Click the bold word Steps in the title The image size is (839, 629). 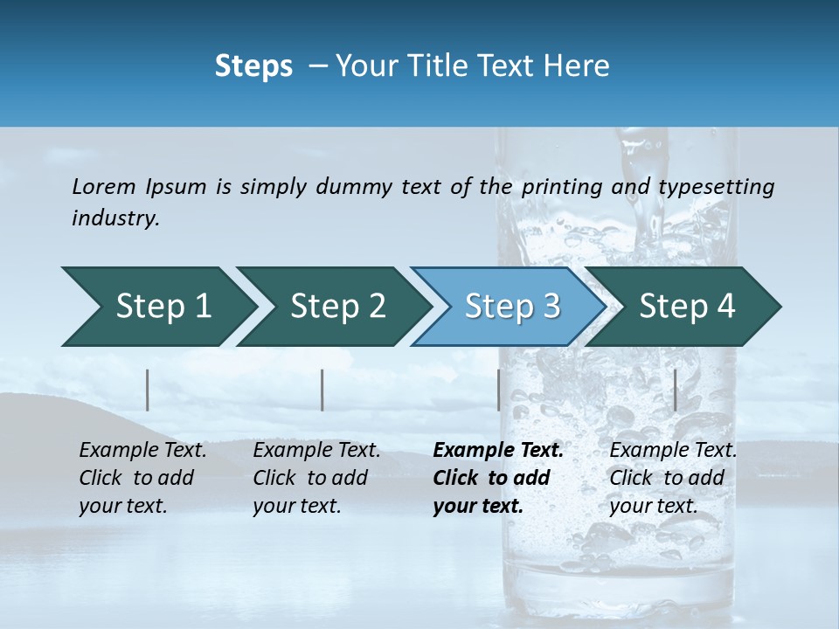pyautogui.click(x=253, y=66)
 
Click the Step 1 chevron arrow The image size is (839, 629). pyautogui.click(x=157, y=307)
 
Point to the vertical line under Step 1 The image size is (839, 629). pyautogui.click(x=148, y=390)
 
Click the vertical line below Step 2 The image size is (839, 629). pyautogui.click(x=322, y=390)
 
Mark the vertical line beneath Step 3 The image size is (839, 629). pyautogui.click(x=498, y=390)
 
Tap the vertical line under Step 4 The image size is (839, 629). pyautogui.click(x=675, y=390)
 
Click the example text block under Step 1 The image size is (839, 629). pyautogui.click(x=142, y=478)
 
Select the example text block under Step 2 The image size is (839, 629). pyautogui.click(x=316, y=478)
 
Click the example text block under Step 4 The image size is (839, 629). pyautogui.click(x=673, y=478)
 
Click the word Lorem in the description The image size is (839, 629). pyautogui.click(x=104, y=187)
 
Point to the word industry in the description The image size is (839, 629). pyautogui.click(x=115, y=218)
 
